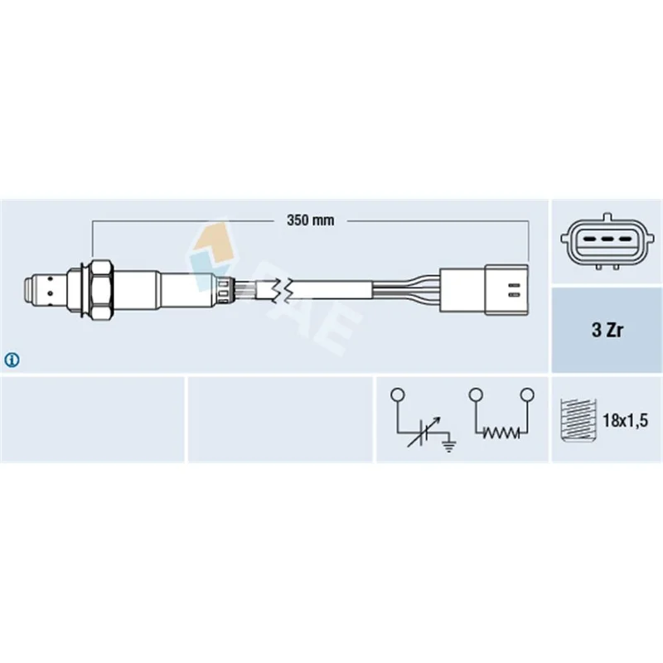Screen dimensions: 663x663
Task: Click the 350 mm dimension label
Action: coord(310,220)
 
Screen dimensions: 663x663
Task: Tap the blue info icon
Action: coord(12,360)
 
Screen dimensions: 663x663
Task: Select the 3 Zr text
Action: coord(607,330)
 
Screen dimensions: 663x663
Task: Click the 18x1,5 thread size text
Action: coord(625,420)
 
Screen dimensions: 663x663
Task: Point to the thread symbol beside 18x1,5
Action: coord(578,420)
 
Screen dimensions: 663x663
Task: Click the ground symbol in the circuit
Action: coord(448,444)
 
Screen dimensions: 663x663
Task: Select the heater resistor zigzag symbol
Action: coord(501,433)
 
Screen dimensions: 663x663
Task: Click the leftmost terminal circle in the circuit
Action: coord(398,395)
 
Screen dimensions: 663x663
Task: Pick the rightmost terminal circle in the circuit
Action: coord(527,395)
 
